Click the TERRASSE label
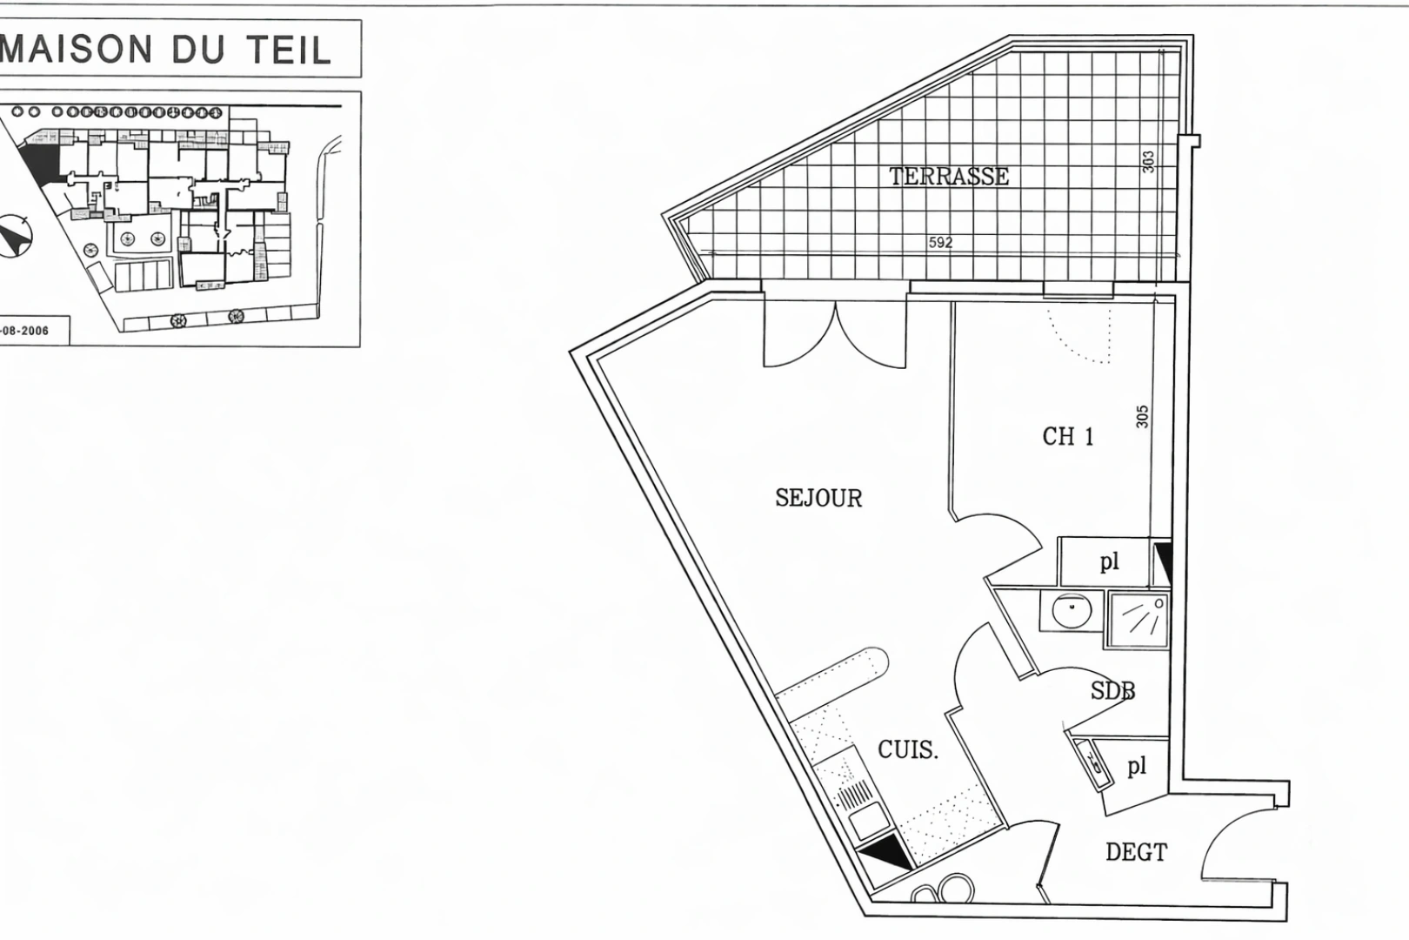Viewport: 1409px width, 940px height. [x=949, y=177]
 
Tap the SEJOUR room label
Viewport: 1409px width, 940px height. [x=818, y=499]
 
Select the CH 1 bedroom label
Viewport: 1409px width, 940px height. [x=1067, y=436]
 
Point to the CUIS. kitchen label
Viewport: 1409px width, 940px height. [x=908, y=749]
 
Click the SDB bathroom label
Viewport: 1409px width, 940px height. [x=1112, y=691]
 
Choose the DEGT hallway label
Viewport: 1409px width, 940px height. [x=1136, y=852]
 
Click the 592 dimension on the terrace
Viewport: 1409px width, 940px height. [x=940, y=243]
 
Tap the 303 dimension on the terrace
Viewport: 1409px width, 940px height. [x=1148, y=162]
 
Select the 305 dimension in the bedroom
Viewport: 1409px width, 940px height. [x=1142, y=416]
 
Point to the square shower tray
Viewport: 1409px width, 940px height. [x=1138, y=620]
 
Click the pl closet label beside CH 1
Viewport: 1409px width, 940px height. [x=1109, y=562]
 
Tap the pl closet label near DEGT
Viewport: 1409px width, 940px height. [x=1137, y=766]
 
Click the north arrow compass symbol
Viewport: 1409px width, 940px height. [x=15, y=235]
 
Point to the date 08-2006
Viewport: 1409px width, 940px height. [x=24, y=332]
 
